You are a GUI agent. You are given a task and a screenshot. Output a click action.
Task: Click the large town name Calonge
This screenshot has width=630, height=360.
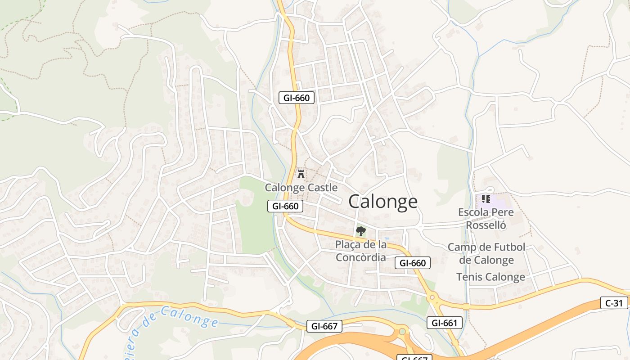coord(383,202)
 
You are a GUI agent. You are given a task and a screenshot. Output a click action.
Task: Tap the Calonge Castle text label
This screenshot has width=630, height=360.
coord(301,188)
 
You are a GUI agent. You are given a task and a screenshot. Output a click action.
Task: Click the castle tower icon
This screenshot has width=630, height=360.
coord(301,174)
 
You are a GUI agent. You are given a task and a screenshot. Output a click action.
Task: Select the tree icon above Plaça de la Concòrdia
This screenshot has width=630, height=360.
coord(360,232)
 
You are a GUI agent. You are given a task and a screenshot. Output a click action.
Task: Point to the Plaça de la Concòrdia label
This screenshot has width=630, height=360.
coord(360,251)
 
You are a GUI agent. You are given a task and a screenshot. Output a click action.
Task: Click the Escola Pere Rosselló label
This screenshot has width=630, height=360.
coord(486,218)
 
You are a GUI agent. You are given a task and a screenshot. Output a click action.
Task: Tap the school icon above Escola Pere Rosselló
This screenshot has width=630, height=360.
coord(486,198)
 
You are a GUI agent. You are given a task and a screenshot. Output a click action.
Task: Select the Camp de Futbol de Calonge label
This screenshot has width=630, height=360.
coord(486,253)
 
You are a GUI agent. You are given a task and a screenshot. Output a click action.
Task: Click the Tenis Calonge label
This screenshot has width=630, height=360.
coord(490,277)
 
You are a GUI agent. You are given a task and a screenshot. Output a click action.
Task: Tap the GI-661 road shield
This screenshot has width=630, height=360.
coord(444,323)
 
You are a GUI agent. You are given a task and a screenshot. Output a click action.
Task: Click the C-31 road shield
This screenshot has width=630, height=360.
coord(614,303)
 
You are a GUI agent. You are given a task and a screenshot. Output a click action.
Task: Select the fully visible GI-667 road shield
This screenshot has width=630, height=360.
coord(324,326)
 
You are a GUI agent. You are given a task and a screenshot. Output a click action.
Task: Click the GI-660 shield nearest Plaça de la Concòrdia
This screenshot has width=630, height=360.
coord(413,263)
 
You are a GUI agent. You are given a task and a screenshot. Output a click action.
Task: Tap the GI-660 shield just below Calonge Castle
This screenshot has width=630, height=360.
coord(285,206)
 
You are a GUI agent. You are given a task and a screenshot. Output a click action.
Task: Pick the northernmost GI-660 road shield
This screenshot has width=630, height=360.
coord(296,98)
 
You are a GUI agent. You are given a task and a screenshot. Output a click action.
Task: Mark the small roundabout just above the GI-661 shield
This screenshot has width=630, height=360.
coord(433,297)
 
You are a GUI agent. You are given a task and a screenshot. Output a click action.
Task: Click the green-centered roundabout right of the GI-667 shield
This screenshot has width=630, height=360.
coord(402,332)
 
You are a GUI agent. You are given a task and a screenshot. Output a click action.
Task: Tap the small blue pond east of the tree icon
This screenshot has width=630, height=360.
coord(386,238)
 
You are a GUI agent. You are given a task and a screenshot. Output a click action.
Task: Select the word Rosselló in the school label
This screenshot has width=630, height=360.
coord(486,225)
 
